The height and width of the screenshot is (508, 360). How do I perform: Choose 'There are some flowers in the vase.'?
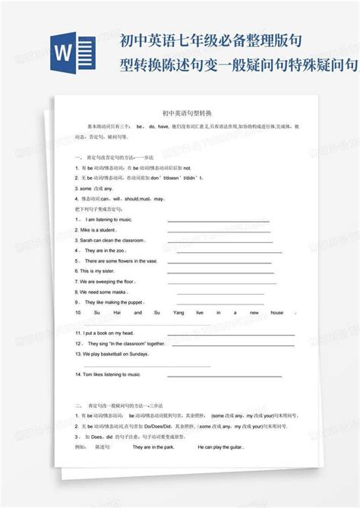click(122, 260)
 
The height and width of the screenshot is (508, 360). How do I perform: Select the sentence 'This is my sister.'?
click(96, 270)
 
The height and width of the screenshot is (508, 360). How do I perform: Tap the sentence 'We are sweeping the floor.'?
click(110, 281)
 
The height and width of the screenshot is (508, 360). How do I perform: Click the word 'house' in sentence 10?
click(277, 312)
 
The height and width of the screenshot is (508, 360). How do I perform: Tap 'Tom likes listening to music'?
click(108, 374)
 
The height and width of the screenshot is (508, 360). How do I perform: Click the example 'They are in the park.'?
click(153, 447)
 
